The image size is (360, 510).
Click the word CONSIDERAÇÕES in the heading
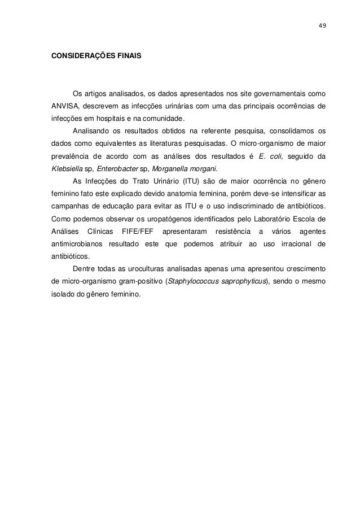point(78,57)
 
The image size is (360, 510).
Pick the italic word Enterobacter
point(116,169)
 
